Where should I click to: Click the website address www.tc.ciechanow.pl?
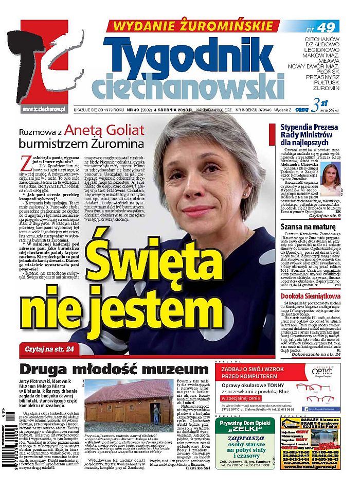pyautogui.click(x=45, y=109)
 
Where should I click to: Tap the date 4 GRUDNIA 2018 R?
pyautogui.click(x=172, y=109)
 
